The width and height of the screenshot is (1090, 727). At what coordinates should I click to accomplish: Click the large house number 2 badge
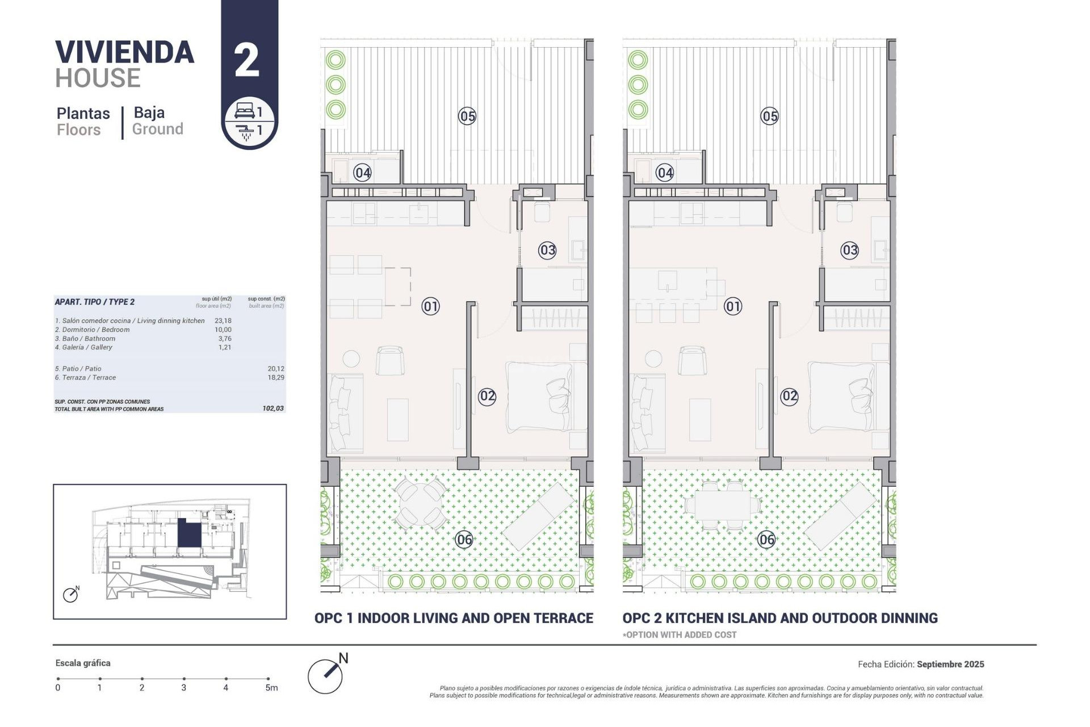(246, 61)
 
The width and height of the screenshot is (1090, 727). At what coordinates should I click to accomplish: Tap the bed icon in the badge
(244, 110)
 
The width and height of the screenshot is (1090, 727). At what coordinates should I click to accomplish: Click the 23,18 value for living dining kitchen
(223, 321)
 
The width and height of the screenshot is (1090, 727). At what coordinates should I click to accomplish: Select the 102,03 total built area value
(273, 408)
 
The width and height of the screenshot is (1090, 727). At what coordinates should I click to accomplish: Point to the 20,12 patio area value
(276, 369)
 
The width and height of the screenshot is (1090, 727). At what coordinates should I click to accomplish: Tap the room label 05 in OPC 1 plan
(467, 116)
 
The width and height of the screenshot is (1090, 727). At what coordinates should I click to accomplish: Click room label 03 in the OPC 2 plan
(849, 250)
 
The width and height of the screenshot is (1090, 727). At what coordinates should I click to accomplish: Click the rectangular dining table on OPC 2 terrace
(722, 505)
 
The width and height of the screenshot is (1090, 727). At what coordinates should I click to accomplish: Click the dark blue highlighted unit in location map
(189, 533)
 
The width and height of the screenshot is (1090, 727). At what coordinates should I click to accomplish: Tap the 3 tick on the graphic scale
(184, 679)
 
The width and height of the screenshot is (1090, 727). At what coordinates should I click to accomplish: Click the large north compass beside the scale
(325, 676)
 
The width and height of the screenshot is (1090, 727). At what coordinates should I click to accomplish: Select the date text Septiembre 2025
(950, 664)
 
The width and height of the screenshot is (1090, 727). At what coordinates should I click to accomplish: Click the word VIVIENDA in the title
(125, 52)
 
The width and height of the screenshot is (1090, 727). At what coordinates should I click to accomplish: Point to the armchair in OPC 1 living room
(390, 360)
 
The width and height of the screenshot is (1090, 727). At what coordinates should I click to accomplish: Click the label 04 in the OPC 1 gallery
(362, 173)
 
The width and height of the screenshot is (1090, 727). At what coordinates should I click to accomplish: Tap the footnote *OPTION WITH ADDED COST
(680, 635)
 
